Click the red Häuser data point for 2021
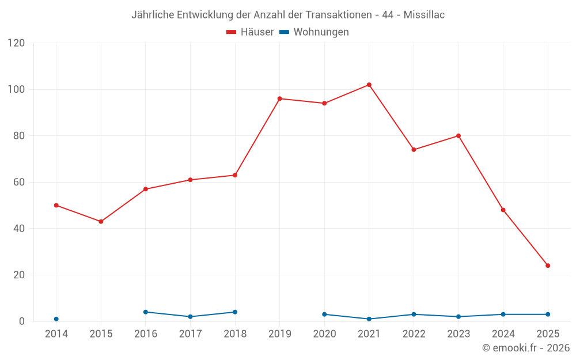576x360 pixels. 369,85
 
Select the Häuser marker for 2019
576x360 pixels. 280,98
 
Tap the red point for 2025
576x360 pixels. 548,266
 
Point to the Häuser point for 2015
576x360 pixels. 101,221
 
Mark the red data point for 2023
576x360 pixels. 458,136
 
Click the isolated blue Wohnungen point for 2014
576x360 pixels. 56,319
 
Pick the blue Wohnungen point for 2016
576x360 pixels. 146,312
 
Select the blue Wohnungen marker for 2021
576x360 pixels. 369,319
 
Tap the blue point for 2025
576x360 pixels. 548,314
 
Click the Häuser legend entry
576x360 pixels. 250,32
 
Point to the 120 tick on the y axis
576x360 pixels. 17,43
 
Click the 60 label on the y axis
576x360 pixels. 20,183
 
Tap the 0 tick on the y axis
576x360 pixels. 22,321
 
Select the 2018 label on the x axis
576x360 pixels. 235,334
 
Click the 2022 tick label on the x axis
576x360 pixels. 414,334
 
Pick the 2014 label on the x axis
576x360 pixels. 56,334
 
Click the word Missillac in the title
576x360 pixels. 424,15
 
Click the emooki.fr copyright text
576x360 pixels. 526,348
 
